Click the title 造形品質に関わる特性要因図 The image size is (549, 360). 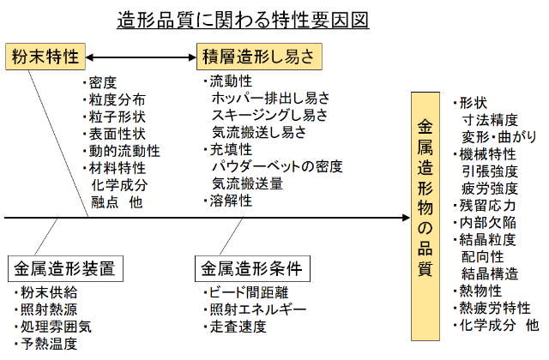point(243,19)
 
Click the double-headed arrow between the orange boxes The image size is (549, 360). point(141,57)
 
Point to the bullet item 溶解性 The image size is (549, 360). point(232,201)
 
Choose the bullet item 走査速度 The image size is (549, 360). point(238,326)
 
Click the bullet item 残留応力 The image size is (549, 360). point(488,206)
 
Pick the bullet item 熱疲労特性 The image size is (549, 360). point(495,309)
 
